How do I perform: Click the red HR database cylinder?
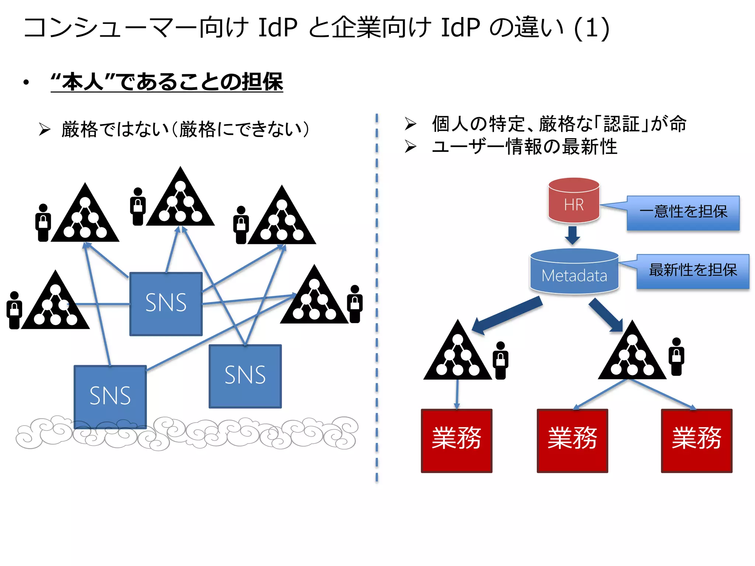(574, 201)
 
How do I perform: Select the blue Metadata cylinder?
(574, 272)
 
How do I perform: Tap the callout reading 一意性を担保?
(683, 213)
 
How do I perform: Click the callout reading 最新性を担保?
(693, 271)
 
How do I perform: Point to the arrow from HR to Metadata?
(573, 235)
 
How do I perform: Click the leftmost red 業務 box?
(456, 440)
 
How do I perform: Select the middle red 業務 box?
(572, 440)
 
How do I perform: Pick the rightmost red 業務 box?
(696, 440)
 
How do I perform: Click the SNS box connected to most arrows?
(166, 304)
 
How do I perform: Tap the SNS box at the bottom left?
(110, 396)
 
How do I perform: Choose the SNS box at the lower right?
(245, 376)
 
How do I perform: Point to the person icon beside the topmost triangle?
(138, 207)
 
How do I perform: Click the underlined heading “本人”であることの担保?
(167, 82)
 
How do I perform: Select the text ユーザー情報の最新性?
(524, 147)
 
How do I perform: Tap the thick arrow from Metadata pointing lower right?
(606, 315)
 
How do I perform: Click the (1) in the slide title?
(591, 28)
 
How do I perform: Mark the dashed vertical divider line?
(376, 295)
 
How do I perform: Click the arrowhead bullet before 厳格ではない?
(45, 129)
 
